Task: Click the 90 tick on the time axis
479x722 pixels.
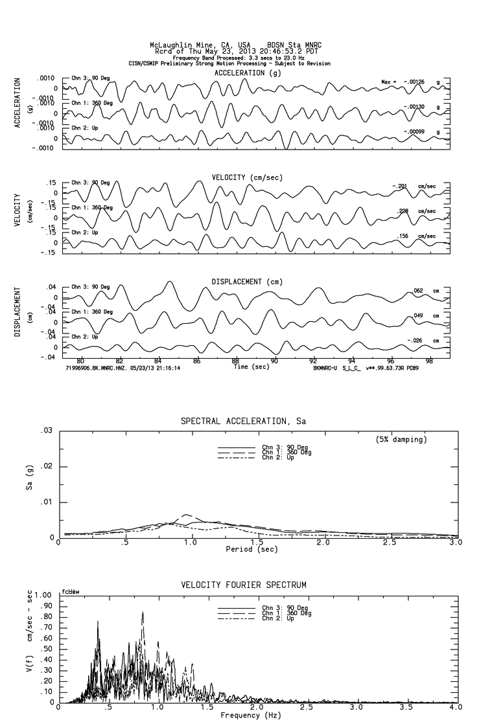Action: tap(274, 361)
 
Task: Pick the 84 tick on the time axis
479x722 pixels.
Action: tap(158, 361)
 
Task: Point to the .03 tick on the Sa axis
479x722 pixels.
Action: tap(46, 431)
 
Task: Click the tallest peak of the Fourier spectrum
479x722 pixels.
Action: tap(143, 613)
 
